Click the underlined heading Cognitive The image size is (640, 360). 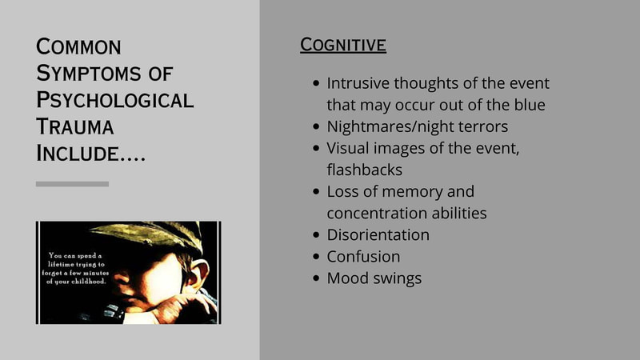pos(343,45)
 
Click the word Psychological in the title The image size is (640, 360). pos(114,101)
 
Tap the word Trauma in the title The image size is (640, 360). pos(74,126)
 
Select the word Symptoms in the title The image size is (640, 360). pos(89,74)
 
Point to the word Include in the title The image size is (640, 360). pos(77,154)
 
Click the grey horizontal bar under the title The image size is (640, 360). pos(72,184)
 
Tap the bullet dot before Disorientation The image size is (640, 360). pos(316,234)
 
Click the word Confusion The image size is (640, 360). pos(363,256)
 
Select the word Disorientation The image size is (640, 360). pos(378,234)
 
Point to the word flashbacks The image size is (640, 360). pos(365,170)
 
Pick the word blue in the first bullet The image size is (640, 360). pos(530,105)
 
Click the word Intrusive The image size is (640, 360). pos(358,83)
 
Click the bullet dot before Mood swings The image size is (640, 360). pos(316,278)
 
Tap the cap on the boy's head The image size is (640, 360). pos(151,235)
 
